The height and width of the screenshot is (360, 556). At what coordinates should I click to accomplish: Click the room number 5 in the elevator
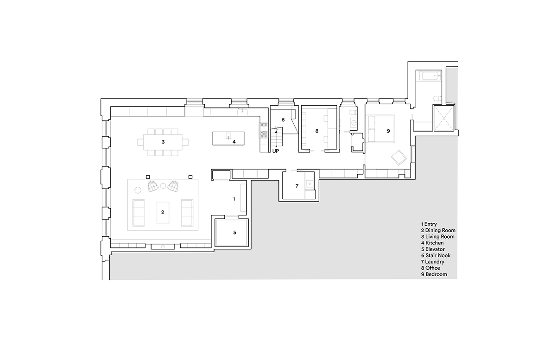(x=234, y=233)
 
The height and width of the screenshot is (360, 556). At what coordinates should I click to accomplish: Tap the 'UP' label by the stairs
(x=276, y=151)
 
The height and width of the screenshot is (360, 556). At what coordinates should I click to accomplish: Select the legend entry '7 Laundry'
(x=433, y=262)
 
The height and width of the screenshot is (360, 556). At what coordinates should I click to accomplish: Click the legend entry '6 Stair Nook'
(x=436, y=255)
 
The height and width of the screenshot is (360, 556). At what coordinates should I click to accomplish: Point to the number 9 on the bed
(x=388, y=131)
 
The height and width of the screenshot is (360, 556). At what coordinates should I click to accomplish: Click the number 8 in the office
(x=317, y=131)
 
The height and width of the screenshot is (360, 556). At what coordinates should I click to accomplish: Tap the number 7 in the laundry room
(x=297, y=186)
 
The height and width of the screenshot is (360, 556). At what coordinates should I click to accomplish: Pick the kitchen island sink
(x=228, y=136)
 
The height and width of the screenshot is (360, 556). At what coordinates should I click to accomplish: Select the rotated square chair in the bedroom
(x=399, y=158)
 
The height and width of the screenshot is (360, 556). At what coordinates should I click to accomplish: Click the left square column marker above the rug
(x=148, y=177)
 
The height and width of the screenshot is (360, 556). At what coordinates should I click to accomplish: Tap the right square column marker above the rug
(x=190, y=177)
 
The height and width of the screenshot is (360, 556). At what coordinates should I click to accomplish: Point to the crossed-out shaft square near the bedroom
(x=443, y=118)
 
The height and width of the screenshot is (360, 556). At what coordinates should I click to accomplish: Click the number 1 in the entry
(x=234, y=199)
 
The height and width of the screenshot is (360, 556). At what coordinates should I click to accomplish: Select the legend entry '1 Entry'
(x=429, y=224)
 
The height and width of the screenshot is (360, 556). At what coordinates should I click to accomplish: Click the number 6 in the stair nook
(x=283, y=120)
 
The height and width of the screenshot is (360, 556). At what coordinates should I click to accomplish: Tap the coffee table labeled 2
(x=163, y=213)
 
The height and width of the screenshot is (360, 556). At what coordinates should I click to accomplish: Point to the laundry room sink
(x=310, y=184)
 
